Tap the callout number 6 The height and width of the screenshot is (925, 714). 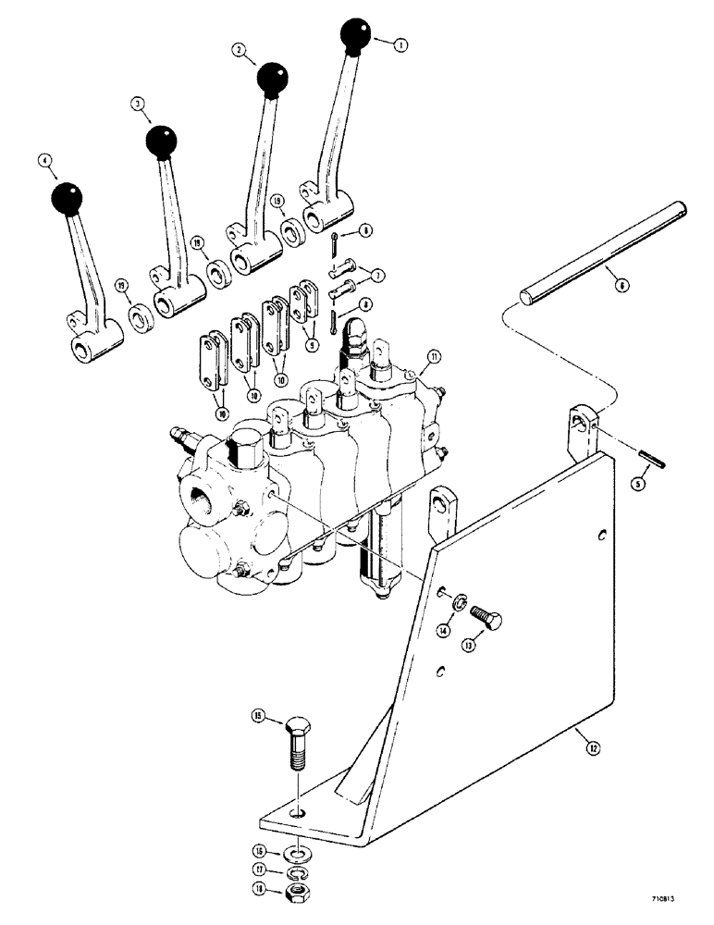point(622,287)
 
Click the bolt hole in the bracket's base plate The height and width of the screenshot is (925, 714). point(296,814)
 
